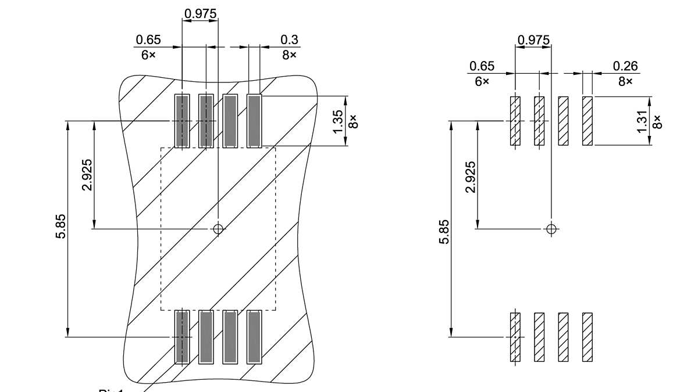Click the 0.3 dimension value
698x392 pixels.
pos(289,39)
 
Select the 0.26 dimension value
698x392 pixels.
pos(625,66)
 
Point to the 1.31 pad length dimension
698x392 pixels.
pos(643,121)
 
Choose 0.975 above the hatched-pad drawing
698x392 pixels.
pos(533,39)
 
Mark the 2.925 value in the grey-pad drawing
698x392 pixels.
pos(87,174)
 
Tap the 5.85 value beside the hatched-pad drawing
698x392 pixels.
pos(444,232)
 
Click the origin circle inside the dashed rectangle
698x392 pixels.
pos(218,229)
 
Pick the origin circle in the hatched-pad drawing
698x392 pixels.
pos(551,228)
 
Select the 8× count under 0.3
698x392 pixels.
pos(289,55)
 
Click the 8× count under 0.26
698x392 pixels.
pos(625,82)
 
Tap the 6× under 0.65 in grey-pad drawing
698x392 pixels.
pos(148,55)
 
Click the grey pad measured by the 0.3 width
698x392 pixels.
pos(254,121)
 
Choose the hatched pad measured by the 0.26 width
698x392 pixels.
pos(587,121)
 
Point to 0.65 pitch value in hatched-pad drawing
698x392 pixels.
pos(482,66)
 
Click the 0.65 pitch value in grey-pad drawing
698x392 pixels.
pos(148,39)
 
